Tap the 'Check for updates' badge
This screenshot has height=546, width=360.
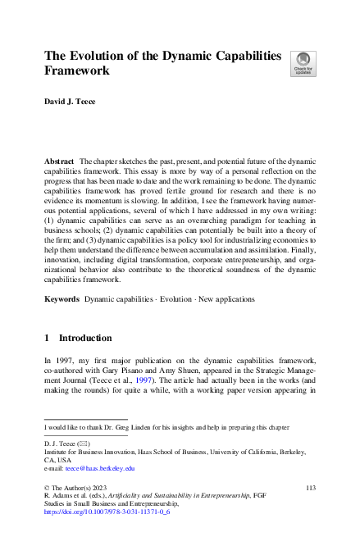point(303,63)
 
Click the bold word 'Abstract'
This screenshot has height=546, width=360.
point(60,163)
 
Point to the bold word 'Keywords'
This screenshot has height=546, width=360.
point(62,300)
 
